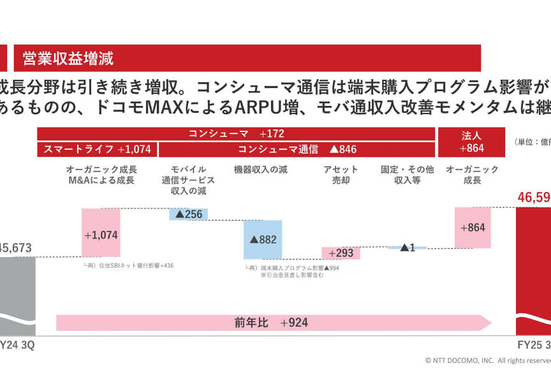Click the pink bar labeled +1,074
pyautogui.click(x=101, y=233)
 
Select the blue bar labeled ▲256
pyautogui.click(x=189, y=214)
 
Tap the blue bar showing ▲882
pyautogui.click(x=263, y=239)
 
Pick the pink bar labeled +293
pyautogui.click(x=341, y=253)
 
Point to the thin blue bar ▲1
pyautogui.click(x=408, y=247)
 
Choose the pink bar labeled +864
pyautogui.click(x=473, y=228)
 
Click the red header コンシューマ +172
pyautogui.click(x=236, y=134)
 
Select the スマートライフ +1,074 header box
pyautogui.click(x=98, y=149)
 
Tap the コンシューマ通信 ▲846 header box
pyautogui.click(x=297, y=149)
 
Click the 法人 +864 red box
pyautogui.click(x=472, y=142)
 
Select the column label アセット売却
pyautogui.click(x=341, y=175)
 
